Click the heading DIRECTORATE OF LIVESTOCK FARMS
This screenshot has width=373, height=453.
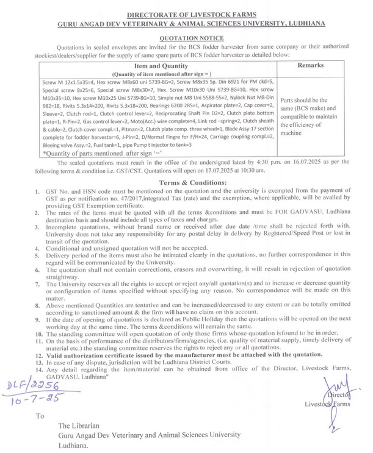coord(187,13)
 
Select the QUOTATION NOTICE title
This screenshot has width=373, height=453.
coord(187,37)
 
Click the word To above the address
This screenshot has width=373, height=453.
coord(40,416)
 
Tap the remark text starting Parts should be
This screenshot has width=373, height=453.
coord(305,100)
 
